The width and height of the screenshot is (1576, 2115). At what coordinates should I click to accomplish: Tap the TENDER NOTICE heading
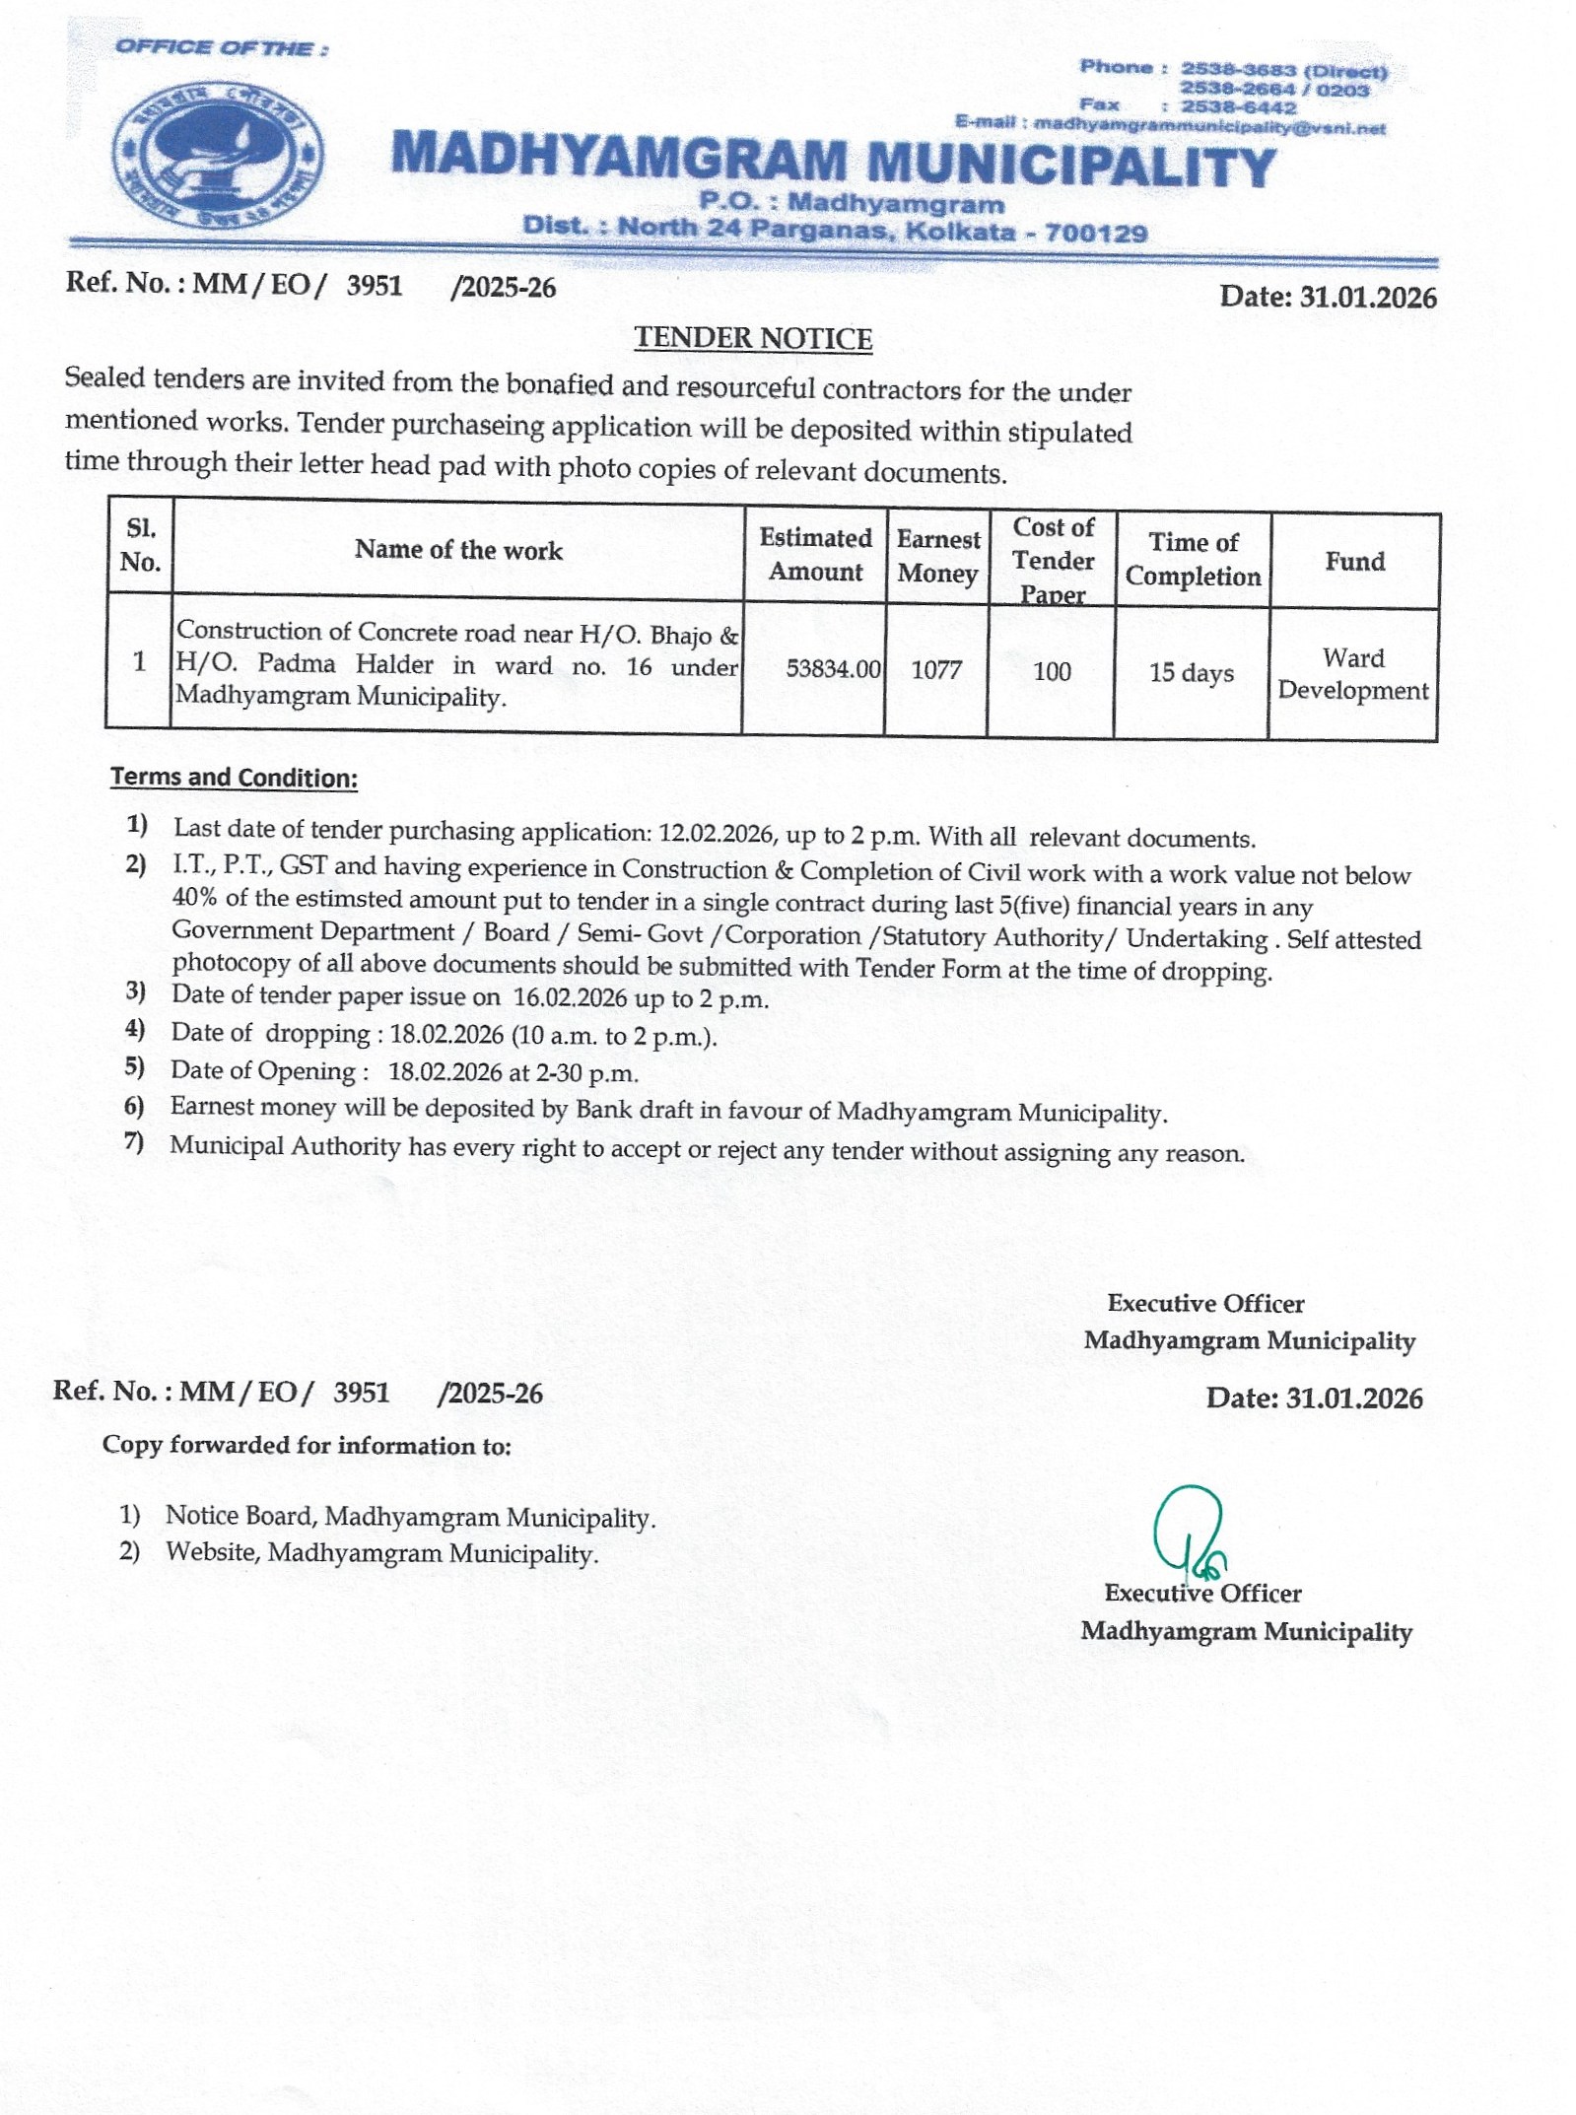753,338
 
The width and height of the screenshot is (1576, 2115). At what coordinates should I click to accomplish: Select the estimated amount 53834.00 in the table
833,669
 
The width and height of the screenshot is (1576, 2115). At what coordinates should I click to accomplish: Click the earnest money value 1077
935,670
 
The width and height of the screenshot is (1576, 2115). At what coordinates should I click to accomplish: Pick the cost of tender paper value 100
1052,671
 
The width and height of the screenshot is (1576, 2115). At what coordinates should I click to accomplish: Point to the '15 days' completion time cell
1191,673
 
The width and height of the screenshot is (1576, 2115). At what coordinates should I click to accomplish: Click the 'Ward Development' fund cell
1352,674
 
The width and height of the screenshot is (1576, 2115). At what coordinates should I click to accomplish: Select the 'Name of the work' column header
458,550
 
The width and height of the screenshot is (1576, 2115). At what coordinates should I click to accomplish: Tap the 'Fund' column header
1354,562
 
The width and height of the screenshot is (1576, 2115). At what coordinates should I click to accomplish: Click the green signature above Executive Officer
1189,1531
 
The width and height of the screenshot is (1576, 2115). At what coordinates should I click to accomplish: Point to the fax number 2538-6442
1239,107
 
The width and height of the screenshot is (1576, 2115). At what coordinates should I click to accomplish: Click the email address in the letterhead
1209,126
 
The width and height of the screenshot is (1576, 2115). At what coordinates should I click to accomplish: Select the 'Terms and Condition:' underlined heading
234,778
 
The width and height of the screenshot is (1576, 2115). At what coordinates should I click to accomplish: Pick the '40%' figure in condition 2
194,898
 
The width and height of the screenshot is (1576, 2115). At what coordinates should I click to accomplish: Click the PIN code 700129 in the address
1096,234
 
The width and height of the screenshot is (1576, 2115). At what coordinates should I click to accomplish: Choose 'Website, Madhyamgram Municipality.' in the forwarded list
381,1553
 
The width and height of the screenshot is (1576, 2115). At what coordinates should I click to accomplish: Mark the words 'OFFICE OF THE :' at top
222,47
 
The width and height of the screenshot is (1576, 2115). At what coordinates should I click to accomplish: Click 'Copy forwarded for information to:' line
307,1446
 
